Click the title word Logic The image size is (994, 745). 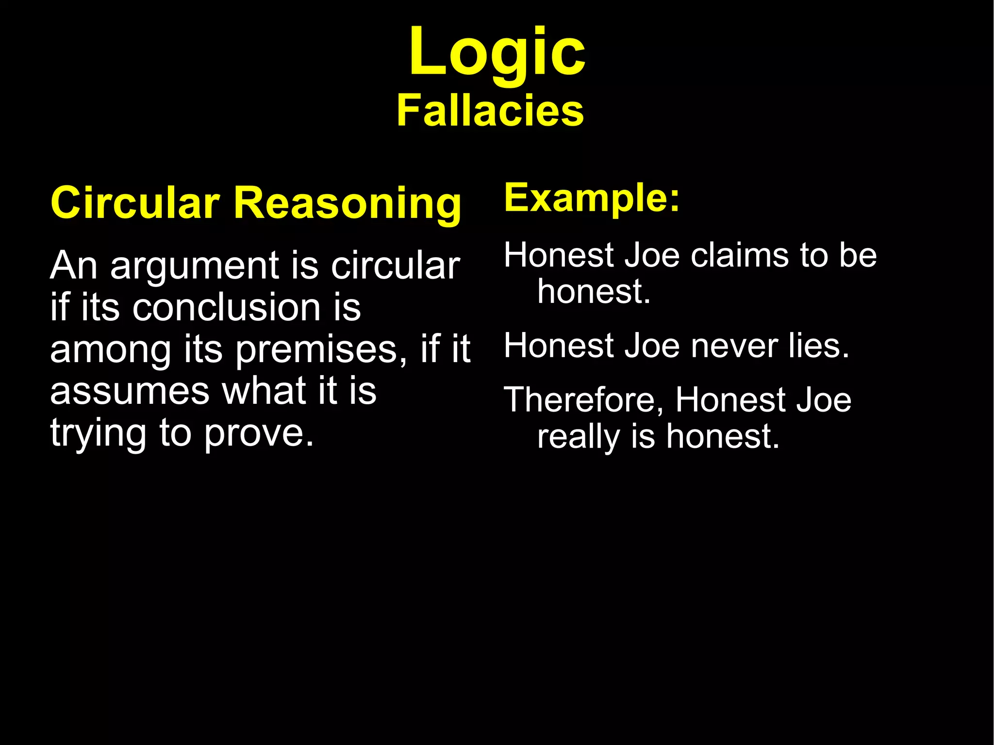[497, 52]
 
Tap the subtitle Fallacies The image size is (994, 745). [490, 111]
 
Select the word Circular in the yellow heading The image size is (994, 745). [135, 203]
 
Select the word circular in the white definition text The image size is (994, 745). [395, 265]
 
